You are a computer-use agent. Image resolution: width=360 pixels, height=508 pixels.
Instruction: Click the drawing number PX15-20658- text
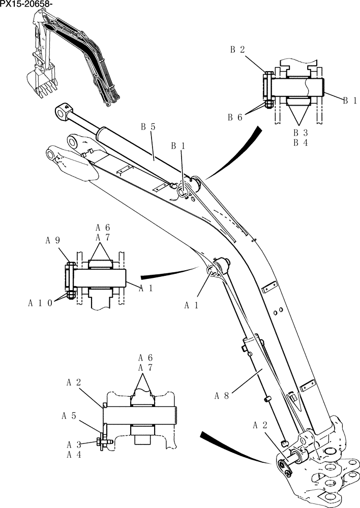pos(26,5)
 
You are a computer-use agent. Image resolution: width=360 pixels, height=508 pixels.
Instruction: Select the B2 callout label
pos(237,50)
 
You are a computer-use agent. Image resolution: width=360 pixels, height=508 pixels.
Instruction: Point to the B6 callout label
pos(235,117)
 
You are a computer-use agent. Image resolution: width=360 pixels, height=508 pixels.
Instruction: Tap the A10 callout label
pos(40,303)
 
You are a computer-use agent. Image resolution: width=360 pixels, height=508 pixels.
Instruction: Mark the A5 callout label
pos(69,416)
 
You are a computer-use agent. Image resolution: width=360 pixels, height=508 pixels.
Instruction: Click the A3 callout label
pos(74,444)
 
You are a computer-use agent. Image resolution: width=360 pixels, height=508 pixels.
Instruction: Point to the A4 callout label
pos(74,454)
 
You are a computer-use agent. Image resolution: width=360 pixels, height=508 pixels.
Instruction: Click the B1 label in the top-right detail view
pos(349,101)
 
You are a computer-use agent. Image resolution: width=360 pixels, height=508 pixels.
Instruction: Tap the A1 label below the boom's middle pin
pos(191,305)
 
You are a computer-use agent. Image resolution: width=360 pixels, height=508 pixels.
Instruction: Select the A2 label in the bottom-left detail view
pos(74,383)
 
